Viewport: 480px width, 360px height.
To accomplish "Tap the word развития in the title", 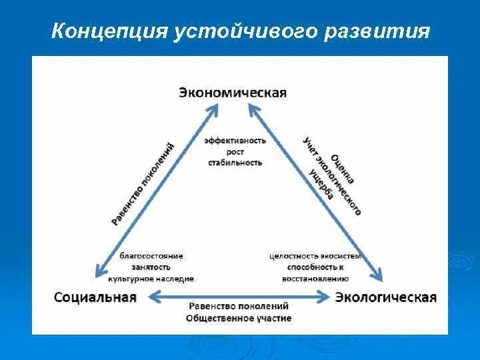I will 377,32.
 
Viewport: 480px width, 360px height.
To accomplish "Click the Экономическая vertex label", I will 232,93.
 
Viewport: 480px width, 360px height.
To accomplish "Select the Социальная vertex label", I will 95,297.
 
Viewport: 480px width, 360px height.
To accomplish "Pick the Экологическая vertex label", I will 385,297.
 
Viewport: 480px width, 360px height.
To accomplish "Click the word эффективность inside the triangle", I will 235,141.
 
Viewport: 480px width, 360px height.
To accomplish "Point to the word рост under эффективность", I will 235,151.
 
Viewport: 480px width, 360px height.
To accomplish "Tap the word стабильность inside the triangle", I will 235,162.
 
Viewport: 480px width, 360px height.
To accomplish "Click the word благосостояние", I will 151,255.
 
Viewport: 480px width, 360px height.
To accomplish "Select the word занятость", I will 151,267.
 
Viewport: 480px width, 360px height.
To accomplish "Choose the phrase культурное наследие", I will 151,278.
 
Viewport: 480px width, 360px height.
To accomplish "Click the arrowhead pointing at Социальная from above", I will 101,269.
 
